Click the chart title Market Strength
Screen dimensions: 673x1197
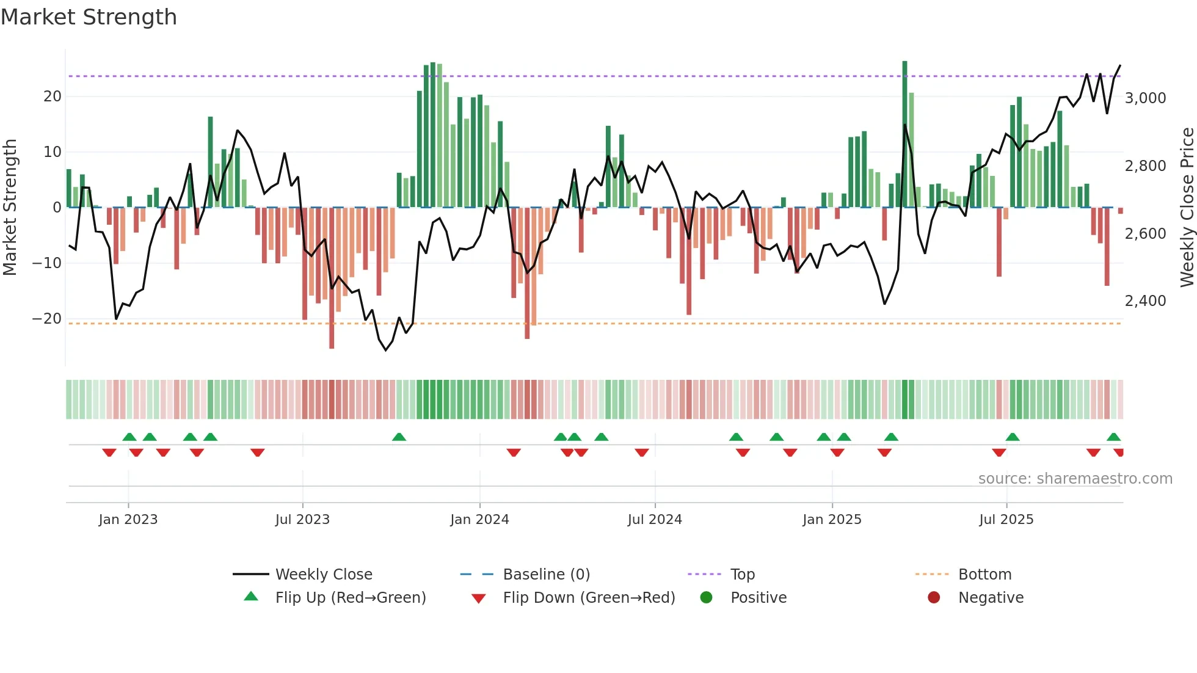click(89, 17)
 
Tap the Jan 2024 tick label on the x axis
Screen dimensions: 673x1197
click(479, 520)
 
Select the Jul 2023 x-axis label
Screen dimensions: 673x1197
click(302, 520)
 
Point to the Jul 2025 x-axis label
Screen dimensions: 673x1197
click(1006, 520)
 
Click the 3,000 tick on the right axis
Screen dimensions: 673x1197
click(1145, 98)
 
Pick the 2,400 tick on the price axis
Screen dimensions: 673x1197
click(1145, 300)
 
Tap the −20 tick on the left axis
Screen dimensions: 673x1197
click(46, 318)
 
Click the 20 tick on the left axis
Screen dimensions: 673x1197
click(52, 96)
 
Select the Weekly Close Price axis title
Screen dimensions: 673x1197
click(1187, 207)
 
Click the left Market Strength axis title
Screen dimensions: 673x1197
click(10, 207)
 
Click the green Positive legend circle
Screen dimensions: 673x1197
click(706, 597)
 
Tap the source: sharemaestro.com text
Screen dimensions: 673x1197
click(1075, 478)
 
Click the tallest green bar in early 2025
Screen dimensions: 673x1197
click(904, 134)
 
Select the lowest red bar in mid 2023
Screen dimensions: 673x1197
click(332, 278)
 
